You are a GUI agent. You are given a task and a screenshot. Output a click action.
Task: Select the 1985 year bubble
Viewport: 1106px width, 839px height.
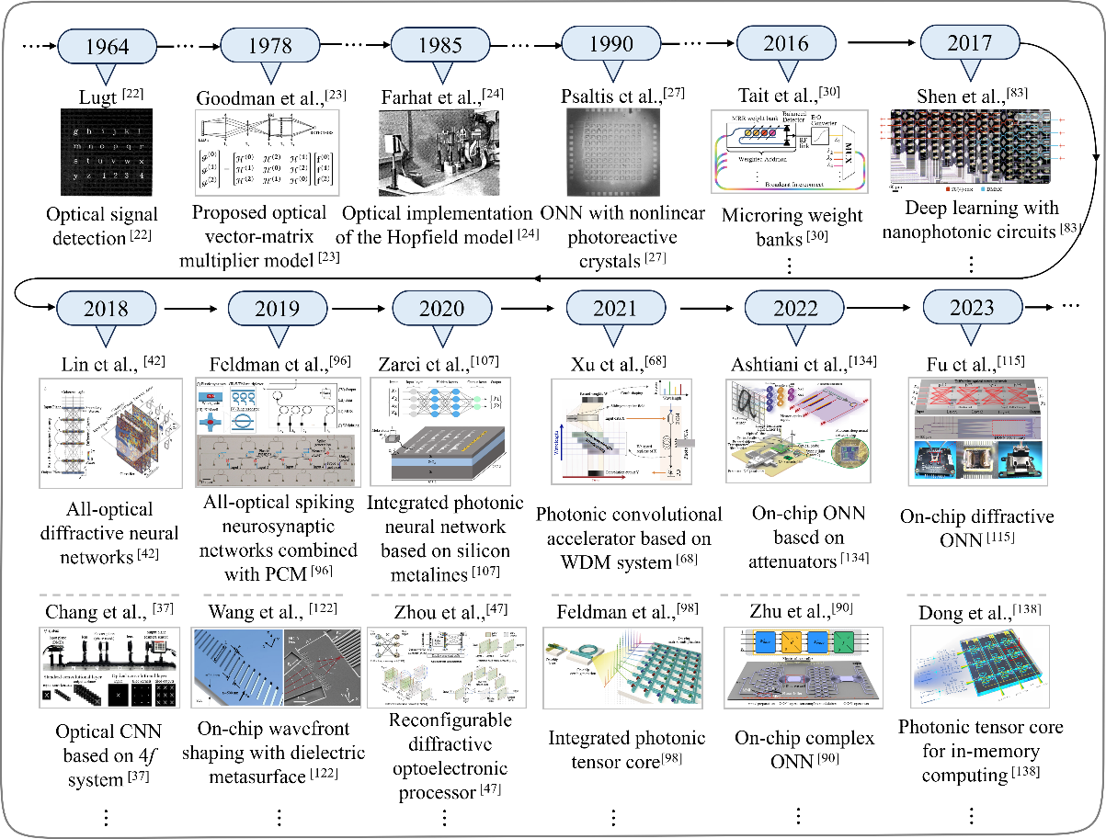pyautogui.click(x=440, y=43)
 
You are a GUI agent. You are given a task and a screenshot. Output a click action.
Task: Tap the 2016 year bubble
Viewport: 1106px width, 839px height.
pyautogui.click(x=786, y=43)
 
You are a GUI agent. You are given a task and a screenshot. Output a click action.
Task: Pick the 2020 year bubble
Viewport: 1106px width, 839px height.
pyautogui.click(x=440, y=308)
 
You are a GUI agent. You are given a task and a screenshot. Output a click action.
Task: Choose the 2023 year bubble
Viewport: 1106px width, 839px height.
pyautogui.click(x=972, y=307)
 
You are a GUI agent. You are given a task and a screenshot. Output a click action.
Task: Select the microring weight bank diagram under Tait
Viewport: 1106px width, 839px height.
pyautogui.click(x=789, y=151)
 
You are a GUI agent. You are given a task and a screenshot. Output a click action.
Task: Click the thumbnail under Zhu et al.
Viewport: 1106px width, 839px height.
pyautogui.click(x=798, y=670)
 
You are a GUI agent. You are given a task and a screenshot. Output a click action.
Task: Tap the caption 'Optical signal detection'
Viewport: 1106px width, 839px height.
pyautogui.click(x=101, y=226)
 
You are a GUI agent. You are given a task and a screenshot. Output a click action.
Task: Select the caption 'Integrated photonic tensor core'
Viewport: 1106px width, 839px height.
pyautogui.click(x=627, y=749)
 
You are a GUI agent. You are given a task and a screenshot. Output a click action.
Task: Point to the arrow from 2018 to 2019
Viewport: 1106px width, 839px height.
pyautogui.click(x=188, y=307)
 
